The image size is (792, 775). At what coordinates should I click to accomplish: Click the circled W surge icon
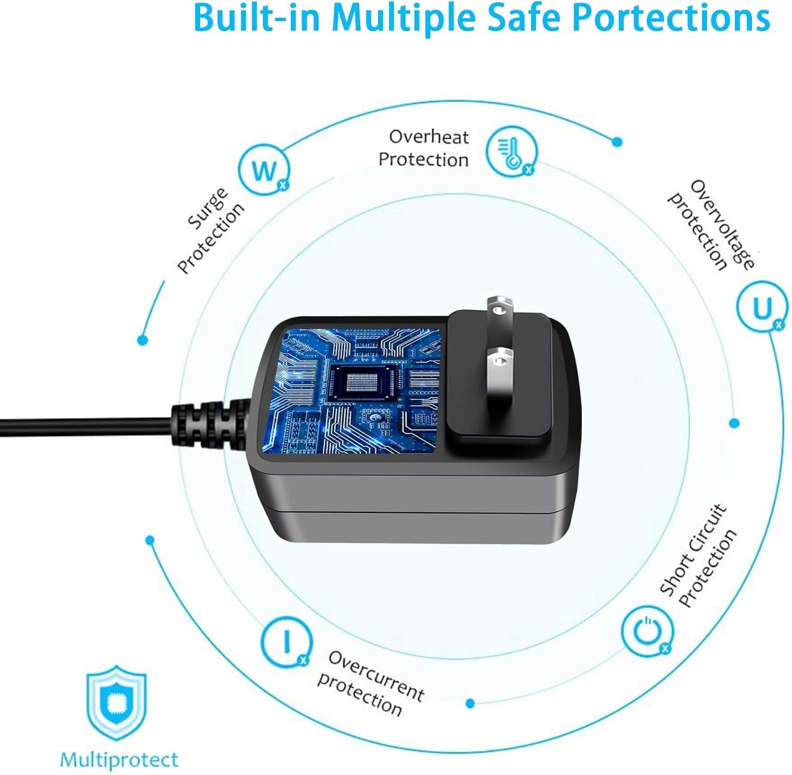pyautogui.click(x=264, y=170)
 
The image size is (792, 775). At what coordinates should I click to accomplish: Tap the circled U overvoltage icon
pyautogui.click(x=762, y=309)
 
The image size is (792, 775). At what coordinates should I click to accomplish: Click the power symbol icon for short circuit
pyautogui.click(x=647, y=631)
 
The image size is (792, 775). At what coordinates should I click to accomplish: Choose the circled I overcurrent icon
pyautogui.click(x=287, y=642)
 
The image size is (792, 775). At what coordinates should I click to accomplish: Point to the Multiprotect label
pyautogui.click(x=119, y=760)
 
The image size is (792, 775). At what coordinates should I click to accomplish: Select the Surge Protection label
pyautogui.click(x=211, y=231)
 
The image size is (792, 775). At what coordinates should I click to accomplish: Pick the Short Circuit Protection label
pyautogui.click(x=699, y=558)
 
